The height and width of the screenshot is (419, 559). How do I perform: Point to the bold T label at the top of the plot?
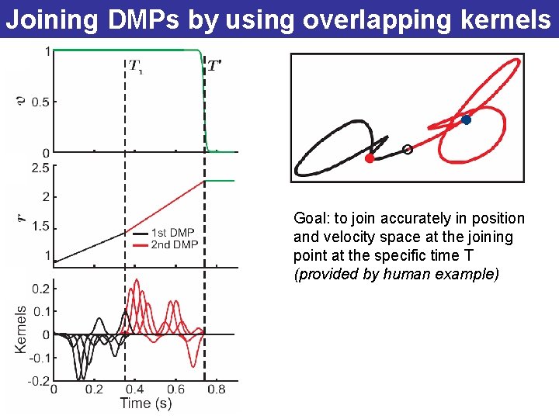[x=215, y=66]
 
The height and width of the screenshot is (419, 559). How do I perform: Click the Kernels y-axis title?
[x=21, y=330]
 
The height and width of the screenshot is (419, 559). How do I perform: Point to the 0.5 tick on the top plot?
[x=40, y=102]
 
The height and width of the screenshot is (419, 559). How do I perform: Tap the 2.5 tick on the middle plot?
[x=40, y=168]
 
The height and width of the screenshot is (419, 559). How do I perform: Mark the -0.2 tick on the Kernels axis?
[x=39, y=380]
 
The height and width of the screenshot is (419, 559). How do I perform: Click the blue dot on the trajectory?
[x=466, y=119]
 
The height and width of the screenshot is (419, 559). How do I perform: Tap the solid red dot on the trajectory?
[x=370, y=158]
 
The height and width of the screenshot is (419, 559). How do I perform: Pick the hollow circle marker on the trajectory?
[x=408, y=149]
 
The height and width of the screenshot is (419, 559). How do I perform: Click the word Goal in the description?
[x=308, y=219]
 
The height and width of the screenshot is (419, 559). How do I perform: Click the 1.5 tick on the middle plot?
[x=40, y=227]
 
